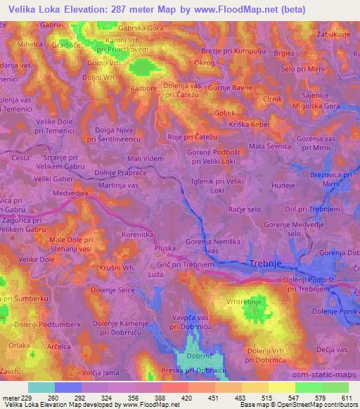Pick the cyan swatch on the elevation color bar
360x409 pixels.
click(x=41, y=387)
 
